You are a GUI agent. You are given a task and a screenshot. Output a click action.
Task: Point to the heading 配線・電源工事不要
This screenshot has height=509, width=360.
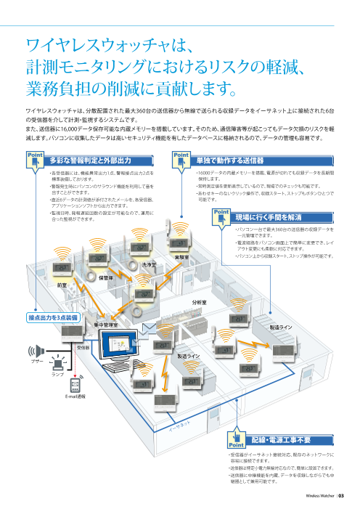(x=281, y=440)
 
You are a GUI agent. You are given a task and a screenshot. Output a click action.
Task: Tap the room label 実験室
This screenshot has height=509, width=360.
(x=182, y=257)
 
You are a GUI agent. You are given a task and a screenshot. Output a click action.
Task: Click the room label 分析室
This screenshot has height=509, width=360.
(x=199, y=301)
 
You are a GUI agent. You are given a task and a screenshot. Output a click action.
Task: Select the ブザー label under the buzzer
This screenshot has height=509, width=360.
(x=36, y=361)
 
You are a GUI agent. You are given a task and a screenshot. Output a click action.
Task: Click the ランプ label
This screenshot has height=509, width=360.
(x=57, y=373)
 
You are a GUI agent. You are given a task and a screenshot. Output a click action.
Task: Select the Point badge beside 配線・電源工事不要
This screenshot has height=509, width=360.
(x=237, y=441)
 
